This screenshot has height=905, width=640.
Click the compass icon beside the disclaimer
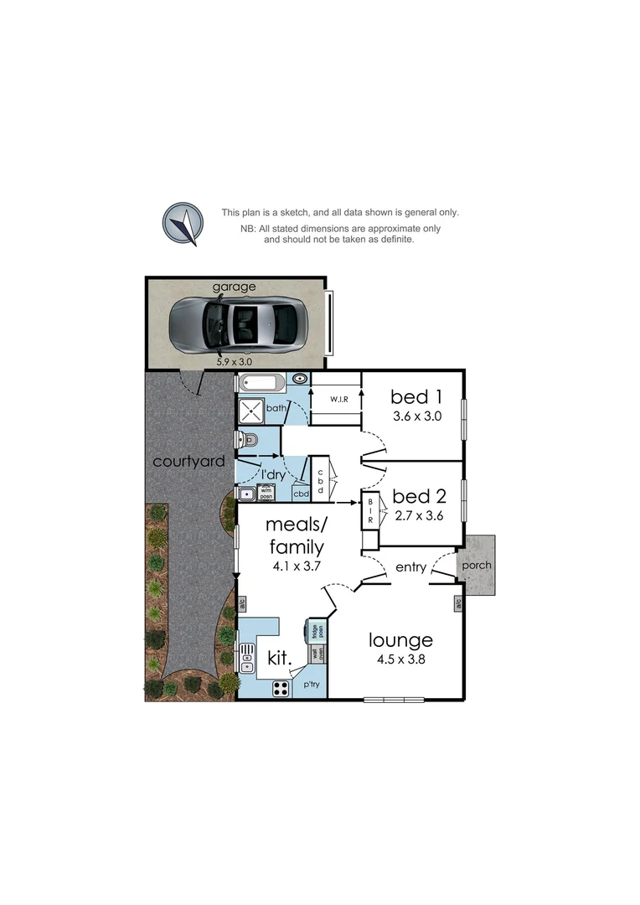[x=183, y=224]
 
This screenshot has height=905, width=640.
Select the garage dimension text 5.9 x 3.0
[x=235, y=362]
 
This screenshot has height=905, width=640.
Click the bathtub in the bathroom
[x=261, y=384]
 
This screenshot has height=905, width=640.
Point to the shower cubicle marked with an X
[x=250, y=411]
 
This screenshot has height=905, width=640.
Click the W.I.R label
[x=338, y=399]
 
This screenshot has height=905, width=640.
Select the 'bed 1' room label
[x=417, y=396]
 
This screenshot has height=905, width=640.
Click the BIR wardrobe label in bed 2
[x=369, y=512]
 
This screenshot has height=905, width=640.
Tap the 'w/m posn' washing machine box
[x=266, y=493]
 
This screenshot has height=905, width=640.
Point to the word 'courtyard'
[x=188, y=461]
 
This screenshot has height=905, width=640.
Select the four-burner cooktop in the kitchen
[x=281, y=689]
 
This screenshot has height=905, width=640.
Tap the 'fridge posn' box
[x=317, y=631]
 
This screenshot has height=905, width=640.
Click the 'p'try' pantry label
[x=312, y=685]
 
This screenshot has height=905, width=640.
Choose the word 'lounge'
[x=401, y=641]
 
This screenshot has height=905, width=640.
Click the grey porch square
[x=476, y=565]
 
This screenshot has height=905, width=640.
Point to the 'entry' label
[x=410, y=567]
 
